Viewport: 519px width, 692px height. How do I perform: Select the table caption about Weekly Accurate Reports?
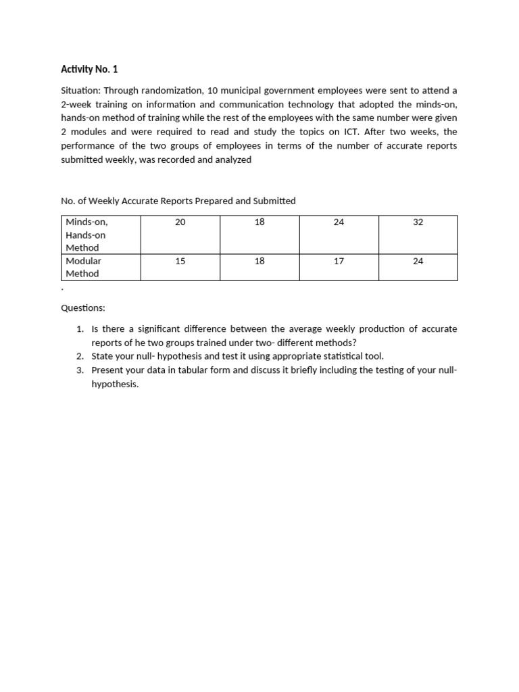pyautogui.click(x=178, y=201)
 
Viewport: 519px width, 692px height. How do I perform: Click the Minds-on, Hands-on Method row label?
pyautogui.click(x=86, y=234)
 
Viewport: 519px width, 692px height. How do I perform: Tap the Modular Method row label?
pyautogui.click(x=82, y=267)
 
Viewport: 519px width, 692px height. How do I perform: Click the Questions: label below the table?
pyautogui.click(x=83, y=307)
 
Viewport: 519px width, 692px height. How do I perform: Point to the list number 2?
pyautogui.click(x=79, y=356)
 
